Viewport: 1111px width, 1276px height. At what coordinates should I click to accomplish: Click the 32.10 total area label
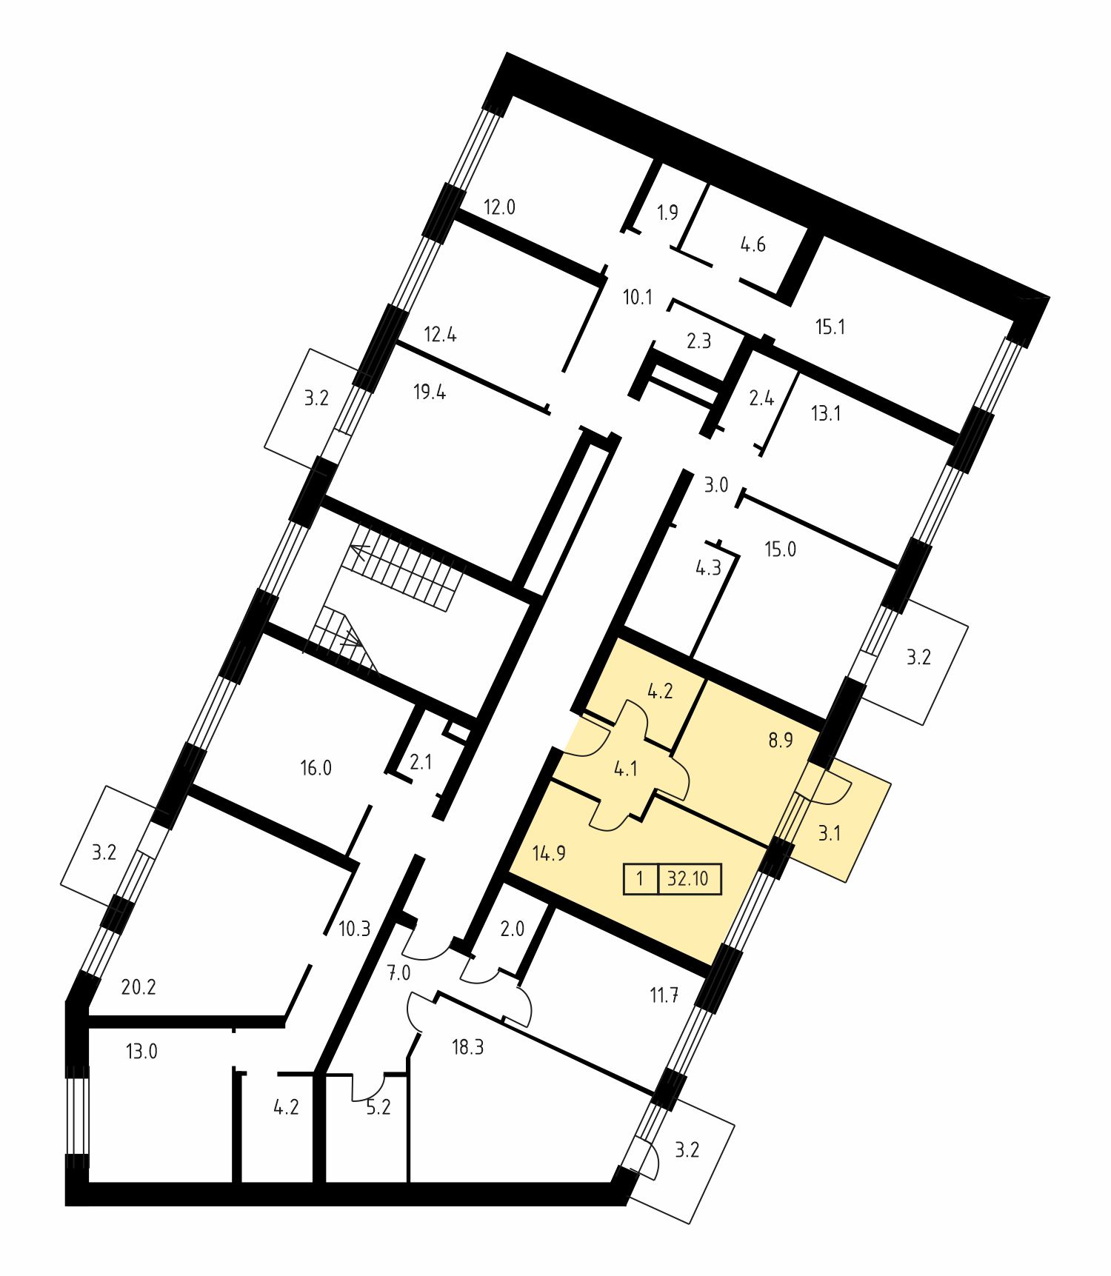coord(687,879)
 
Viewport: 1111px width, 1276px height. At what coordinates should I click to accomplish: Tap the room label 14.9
coord(549,853)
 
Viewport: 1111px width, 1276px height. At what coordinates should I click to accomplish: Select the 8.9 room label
coord(781,740)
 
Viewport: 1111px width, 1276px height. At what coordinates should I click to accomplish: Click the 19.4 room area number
coord(430,392)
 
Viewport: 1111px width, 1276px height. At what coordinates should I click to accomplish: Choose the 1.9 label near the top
coord(667,213)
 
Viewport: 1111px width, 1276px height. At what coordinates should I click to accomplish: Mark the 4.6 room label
coord(753,244)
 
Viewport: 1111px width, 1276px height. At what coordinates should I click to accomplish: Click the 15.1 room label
coord(830,327)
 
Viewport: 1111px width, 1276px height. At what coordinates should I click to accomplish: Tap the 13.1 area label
coord(826,413)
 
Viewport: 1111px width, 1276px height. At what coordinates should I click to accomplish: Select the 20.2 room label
coord(139,986)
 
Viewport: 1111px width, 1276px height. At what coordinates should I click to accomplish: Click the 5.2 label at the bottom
coord(378,1107)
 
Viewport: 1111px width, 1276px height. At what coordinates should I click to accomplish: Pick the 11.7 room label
coord(664,995)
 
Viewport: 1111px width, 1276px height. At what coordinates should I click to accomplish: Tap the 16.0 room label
coord(316,768)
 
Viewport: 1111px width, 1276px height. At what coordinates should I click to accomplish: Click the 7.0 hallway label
coord(398,973)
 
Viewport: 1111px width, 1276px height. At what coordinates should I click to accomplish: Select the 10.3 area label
coord(354,929)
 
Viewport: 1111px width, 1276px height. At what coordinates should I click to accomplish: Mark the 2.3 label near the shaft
coord(698,341)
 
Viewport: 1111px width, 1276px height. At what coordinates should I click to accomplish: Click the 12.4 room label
coord(440,334)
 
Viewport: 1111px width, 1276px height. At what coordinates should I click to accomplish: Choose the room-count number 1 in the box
coord(640,879)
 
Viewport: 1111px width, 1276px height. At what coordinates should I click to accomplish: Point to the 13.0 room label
coord(141,1051)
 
